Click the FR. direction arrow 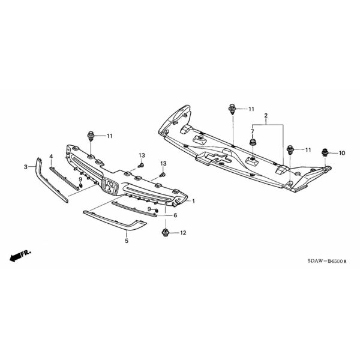(x=20, y=256)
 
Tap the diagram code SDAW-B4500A (x=327, y=261)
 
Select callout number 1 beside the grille (x=194, y=202)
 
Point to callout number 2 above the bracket (x=266, y=115)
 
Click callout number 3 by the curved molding (x=26, y=167)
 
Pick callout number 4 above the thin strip (x=51, y=157)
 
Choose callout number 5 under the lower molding (x=127, y=241)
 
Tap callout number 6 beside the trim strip (x=175, y=215)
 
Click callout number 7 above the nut (x=253, y=131)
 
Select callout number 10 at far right (x=342, y=153)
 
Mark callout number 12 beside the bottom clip (x=183, y=233)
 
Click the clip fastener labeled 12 (x=165, y=233)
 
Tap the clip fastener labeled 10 (x=325, y=152)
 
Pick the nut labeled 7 (x=253, y=142)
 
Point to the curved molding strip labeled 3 (x=51, y=180)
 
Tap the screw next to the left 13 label (x=141, y=166)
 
